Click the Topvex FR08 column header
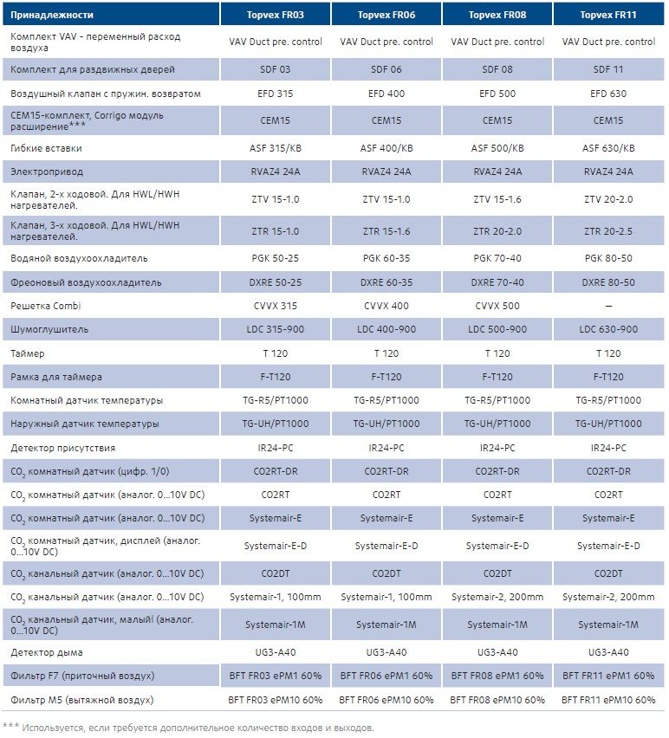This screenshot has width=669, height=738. (x=497, y=16)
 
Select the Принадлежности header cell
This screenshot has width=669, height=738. (x=52, y=16)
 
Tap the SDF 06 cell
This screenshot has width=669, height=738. (x=386, y=69)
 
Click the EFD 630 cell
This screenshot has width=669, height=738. (x=608, y=93)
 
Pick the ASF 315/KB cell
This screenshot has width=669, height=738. (x=276, y=148)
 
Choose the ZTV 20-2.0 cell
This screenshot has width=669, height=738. (x=608, y=199)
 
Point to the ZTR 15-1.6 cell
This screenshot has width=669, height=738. (x=386, y=231)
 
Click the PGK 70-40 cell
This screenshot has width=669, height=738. (x=497, y=258)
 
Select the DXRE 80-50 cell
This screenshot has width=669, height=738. (x=608, y=282)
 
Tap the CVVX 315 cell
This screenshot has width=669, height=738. (x=276, y=306)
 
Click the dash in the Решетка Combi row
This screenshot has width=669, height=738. (x=608, y=306)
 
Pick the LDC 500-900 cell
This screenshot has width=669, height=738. (x=497, y=329)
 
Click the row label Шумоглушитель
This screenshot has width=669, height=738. (x=50, y=329)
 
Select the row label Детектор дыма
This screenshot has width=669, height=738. (x=47, y=652)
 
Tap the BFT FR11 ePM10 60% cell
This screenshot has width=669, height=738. (x=608, y=699)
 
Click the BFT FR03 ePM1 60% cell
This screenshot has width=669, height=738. (x=276, y=676)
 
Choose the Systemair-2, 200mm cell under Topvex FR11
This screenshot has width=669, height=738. (x=608, y=597)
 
